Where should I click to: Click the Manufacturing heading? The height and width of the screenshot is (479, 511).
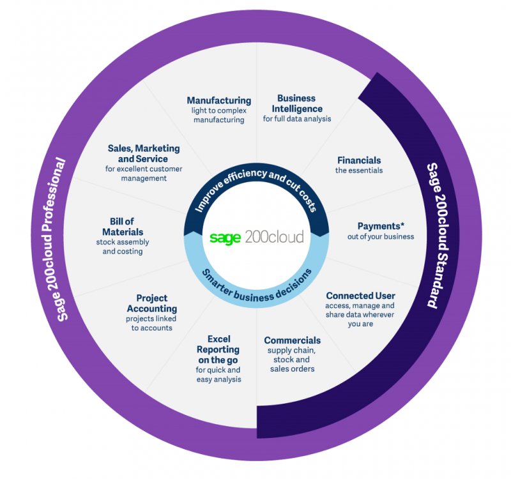pyautogui.click(x=219, y=100)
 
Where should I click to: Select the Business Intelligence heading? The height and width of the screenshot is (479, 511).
pyautogui.click(x=297, y=103)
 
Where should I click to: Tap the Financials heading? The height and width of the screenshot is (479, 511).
pyautogui.click(x=359, y=160)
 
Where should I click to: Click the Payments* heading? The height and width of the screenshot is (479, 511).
pyautogui.click(x=381, y=226)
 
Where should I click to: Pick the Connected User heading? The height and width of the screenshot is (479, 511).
pyautogui.click(x=360, y=296)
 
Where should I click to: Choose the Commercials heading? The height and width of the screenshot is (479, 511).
pyautogui.click(x=293, y=340)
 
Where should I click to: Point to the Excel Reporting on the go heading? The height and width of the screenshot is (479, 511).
pyautogui.click(x=218, y=349)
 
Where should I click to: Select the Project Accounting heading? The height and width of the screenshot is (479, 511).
pyautogui.click(x=152, y=303)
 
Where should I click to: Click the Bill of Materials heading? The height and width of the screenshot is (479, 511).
pyautogui.click(x=123, y=227)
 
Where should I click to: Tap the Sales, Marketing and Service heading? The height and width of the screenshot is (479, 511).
pyautogui.click(x=144, y=154)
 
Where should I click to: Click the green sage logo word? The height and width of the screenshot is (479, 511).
pyautogui.click(x=225, y=238)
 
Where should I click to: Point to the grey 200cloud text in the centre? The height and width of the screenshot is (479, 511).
pyautogui.click(x=275, y=237)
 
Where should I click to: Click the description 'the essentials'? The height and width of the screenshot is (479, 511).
pyautogui.click(x=359, y=171)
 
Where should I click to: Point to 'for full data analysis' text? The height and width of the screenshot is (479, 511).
pyautogui.click(x=297, y=119)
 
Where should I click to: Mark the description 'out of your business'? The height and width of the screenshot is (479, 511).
pyautogui.click(x=381, y=236)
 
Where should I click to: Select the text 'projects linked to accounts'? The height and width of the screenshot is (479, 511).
pyautogui.click(x=151, y=323)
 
